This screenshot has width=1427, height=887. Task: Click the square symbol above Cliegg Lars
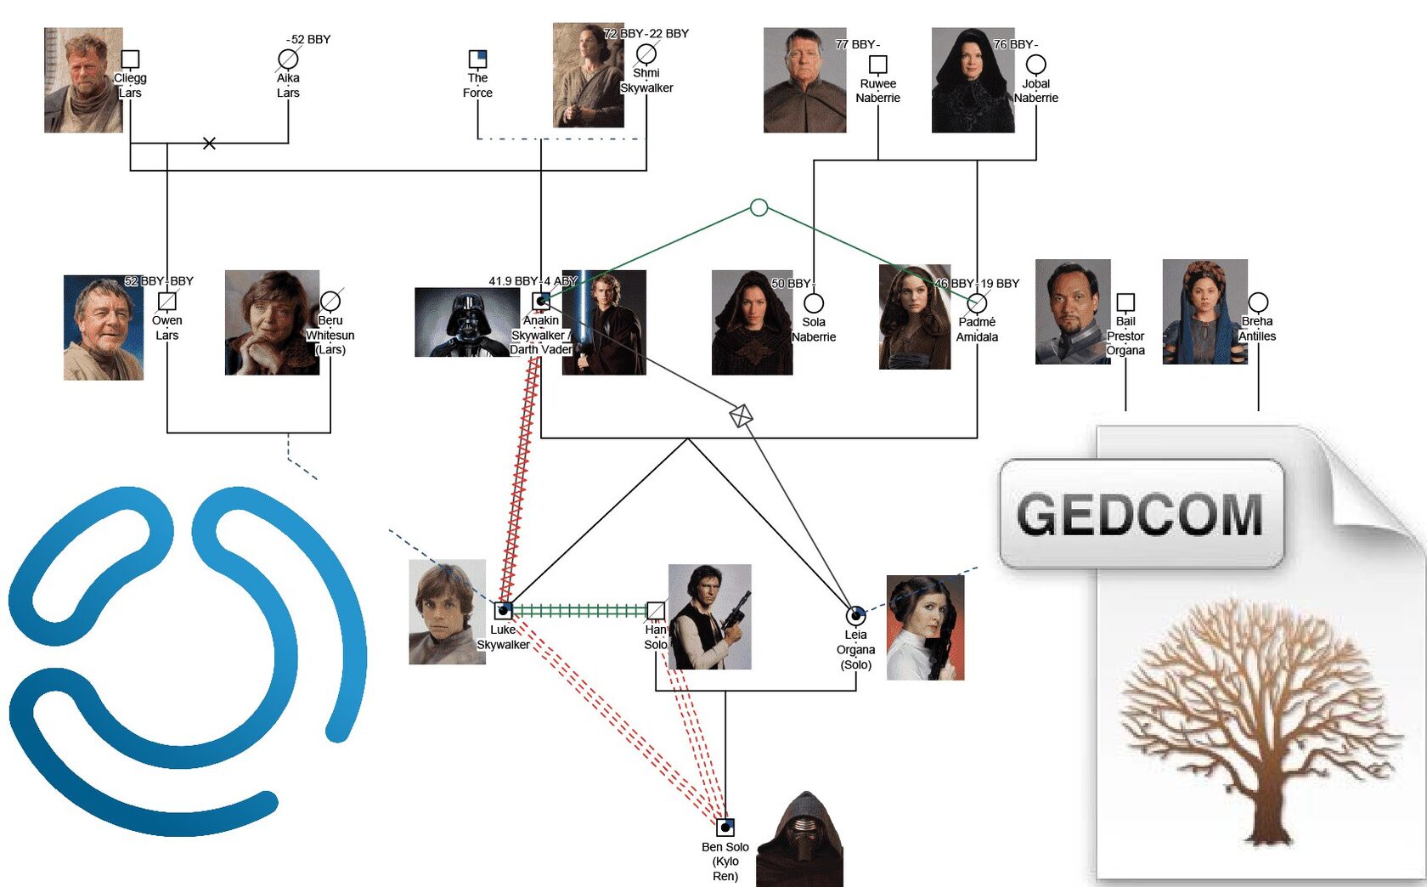point(130,59)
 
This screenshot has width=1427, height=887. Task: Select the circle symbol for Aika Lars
point(288,59)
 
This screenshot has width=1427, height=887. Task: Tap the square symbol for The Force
point(477,59)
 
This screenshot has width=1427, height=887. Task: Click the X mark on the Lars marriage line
point(209,144)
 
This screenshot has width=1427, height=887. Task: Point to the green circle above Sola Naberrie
point(759,207)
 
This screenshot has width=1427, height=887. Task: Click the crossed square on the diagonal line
point(741,416)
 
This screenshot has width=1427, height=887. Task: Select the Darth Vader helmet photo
point(466,322)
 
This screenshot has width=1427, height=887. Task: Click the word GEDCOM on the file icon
point(1140,515)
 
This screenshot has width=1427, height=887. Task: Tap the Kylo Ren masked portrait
point(800,841)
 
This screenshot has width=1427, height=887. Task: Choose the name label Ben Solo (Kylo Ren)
point(725,861)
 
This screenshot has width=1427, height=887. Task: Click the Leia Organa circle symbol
point(855,614)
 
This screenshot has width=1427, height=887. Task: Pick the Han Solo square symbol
point(656,610)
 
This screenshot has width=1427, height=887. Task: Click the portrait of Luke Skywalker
point(448,612)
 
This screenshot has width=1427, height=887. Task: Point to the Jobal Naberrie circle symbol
point(1036,65)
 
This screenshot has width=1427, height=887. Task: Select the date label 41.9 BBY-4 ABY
point(533,281)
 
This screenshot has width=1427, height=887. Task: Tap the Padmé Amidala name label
point(977,330)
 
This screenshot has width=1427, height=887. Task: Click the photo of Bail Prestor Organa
point(1073,312)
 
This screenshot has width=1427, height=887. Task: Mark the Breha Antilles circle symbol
point(1258,302)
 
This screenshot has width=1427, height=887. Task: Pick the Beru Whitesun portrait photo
point(272,323)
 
